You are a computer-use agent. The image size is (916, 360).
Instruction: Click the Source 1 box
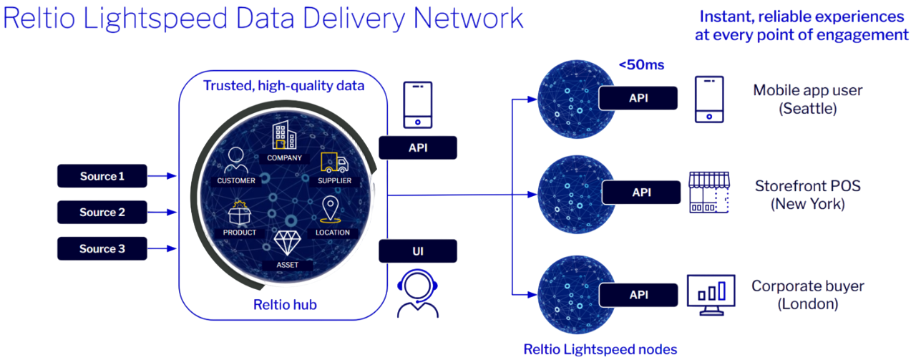pos(102,176)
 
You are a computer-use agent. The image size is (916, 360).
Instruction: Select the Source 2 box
pos(102,212)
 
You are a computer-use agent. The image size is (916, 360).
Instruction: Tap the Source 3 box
pos(102,248)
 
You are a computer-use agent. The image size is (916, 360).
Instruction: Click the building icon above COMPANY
pos(284,137)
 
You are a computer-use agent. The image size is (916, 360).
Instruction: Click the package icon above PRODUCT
pos(240,214)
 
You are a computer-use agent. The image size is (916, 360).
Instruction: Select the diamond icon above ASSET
pos(288,244)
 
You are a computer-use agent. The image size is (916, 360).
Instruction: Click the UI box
pos(417,251)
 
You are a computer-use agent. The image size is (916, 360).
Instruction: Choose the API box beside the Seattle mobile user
pos(638,98)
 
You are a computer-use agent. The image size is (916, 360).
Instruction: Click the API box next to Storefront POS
pos(641,193)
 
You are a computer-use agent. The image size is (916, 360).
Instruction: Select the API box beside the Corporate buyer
pos(638,294)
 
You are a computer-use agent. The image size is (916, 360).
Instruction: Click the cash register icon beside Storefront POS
pos(708,190)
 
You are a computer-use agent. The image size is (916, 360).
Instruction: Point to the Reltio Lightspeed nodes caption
pos(600,349)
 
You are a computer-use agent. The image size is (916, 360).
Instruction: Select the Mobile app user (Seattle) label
pos(809,99)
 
